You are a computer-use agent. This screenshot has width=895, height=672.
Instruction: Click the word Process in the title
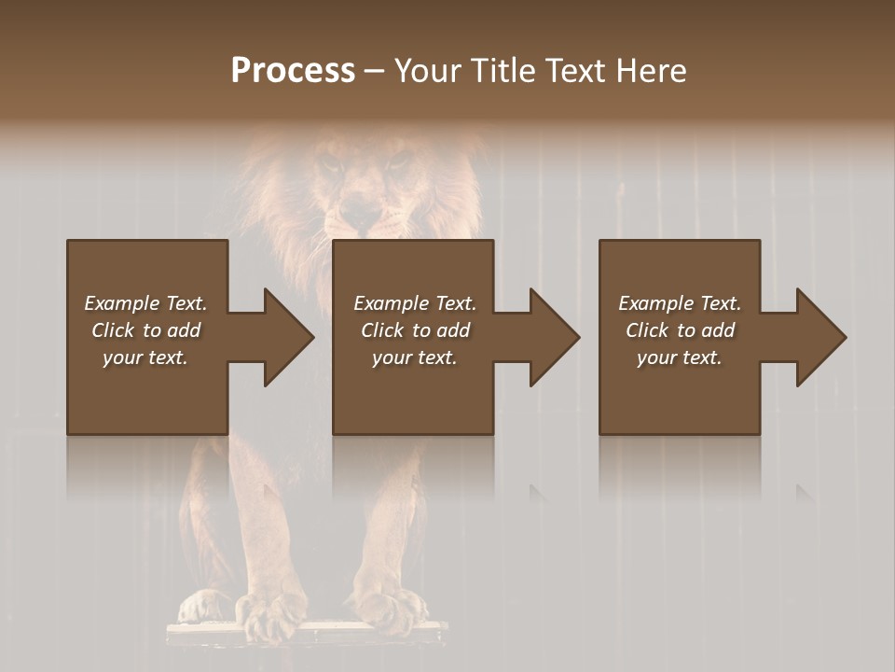click(x=293, y=71)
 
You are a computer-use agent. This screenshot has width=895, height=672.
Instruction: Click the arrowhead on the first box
click(x=284, y=337)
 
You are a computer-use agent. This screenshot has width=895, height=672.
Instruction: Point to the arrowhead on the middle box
click(x=551, y=337)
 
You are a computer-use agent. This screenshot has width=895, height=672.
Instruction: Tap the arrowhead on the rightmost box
click(x=818, y=337)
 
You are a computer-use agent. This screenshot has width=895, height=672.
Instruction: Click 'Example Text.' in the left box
click(x=145, y=303)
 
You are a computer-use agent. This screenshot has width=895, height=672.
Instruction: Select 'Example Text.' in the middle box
click(x=415, y=303)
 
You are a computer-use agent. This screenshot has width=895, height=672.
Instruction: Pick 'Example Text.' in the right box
click(x=680, y=303)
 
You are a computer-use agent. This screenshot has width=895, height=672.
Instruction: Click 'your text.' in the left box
click(x=145, y=357)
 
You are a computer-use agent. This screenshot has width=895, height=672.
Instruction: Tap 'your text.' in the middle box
click(x=415, y=357)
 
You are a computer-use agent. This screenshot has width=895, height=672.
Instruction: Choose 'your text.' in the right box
click(x=680, y=357)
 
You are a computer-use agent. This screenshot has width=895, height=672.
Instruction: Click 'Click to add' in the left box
click(x=145, y=330)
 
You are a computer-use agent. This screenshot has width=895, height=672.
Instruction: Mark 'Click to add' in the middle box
click(x=415, y=330)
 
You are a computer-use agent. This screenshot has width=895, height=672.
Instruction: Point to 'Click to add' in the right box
click(x=680, y=330)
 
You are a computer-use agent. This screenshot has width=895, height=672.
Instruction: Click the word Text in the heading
click(x=576, y=71)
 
